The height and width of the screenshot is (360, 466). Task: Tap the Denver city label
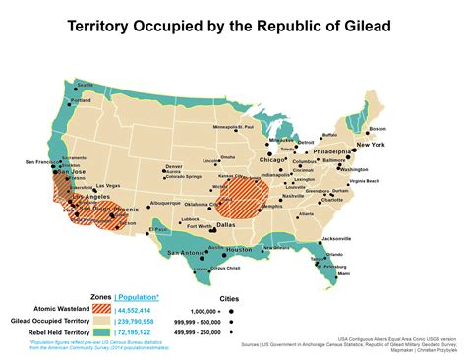pos(174,166)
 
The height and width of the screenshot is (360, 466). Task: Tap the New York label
pos(371,145)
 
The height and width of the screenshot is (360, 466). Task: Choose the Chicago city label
pos(273,158)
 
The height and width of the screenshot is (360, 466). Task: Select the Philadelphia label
pos(330,152)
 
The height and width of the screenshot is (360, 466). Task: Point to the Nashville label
pos(295,196)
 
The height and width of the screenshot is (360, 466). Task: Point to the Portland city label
pos(81,100)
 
